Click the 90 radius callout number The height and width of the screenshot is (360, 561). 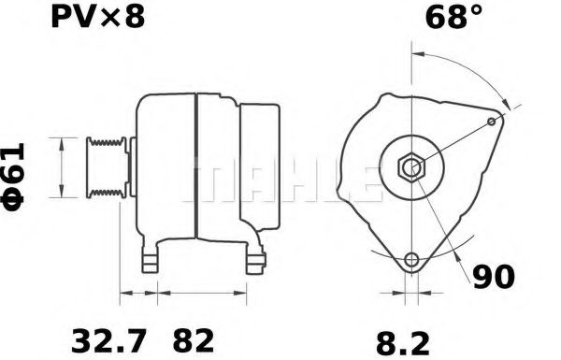click(x=493, y=278)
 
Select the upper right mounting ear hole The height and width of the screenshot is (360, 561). click(x=493, y=122)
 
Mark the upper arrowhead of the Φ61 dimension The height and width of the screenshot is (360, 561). click(x=63, y=141)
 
